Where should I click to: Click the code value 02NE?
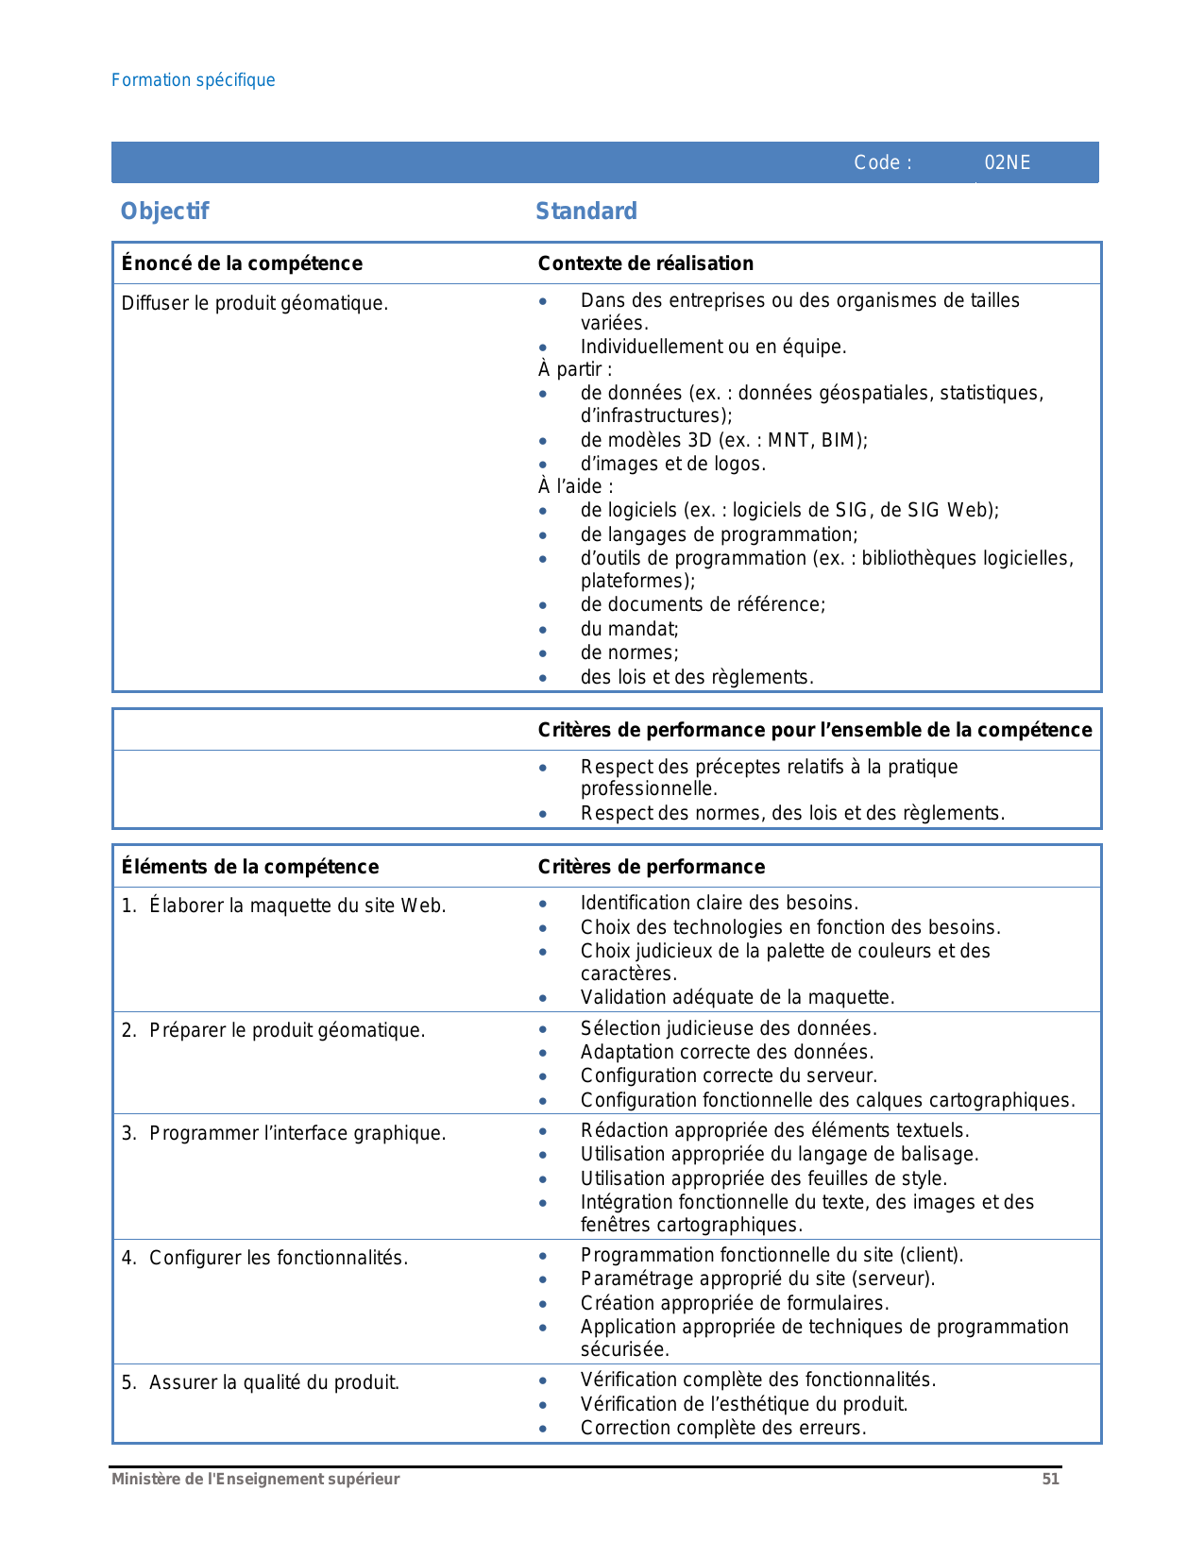[1007, 162]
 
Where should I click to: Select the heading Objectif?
[164, 211]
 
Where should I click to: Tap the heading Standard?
[585, 211]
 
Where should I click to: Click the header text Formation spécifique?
[193, 80]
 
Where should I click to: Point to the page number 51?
[1050, 1480]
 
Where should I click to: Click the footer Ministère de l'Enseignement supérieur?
[255, 1480]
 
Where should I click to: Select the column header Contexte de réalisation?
[645, 263]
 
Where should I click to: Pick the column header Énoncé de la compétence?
[242, 263]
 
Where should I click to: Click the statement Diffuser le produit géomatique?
[255, 303]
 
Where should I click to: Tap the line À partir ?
[575, 369]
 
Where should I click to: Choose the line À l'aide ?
[575, 486]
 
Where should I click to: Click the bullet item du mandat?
[629, 629]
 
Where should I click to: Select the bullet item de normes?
[629, 652]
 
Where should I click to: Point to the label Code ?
[882, 162]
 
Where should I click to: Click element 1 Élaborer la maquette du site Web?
[283, 906]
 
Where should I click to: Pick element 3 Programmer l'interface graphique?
[283, 1133]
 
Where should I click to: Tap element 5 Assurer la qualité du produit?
[261, 1382]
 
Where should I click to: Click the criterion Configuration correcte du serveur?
[728, 1075]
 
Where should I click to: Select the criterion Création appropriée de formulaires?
[734, 1303]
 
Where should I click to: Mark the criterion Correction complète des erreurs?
[722, 1428]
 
